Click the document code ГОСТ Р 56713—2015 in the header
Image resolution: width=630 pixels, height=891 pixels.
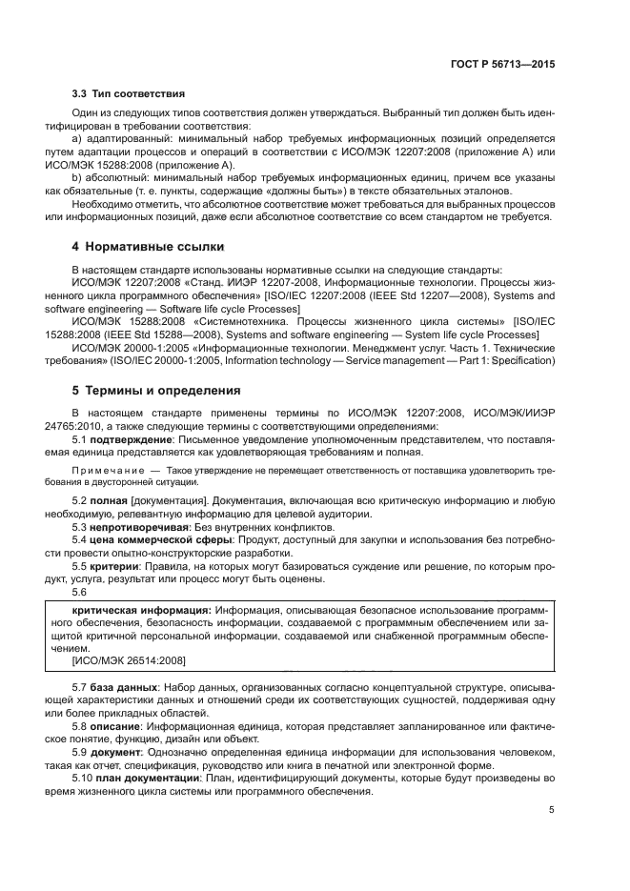[503, 64]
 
